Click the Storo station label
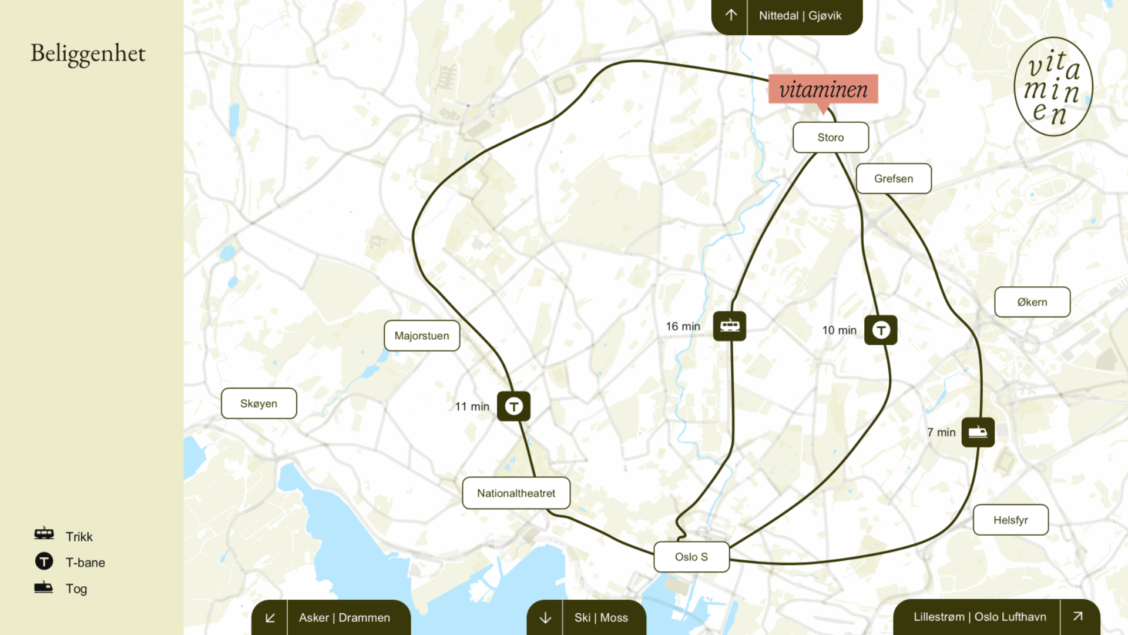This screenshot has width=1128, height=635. [830, 138]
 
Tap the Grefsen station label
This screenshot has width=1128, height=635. [893, 179]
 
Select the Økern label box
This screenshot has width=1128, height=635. [1032, 302]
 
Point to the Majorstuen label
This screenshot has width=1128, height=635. [421, 336]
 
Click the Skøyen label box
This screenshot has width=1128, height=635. [258, 404]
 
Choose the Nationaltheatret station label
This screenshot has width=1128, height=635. [516, 493]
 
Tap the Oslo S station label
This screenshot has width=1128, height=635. [691, 557]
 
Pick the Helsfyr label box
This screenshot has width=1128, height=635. [1010, 520]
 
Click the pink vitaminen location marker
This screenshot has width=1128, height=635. [823, 89]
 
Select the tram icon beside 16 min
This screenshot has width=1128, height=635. [729, 326]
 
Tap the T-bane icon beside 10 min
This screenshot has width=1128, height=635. [881, 330]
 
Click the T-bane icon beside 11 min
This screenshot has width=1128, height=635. [513, 406]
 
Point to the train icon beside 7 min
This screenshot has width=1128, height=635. [978, 432]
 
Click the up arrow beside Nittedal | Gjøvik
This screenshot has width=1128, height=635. [730, 15]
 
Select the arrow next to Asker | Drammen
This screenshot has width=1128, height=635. [270, 617]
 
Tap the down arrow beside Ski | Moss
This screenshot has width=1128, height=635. [545, 617]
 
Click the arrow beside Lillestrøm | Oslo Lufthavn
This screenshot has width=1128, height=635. [1077, 616]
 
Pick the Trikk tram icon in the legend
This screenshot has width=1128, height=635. [44, 534]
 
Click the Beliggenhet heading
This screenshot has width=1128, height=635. [88, 54]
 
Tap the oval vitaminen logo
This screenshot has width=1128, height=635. [1053, 87]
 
